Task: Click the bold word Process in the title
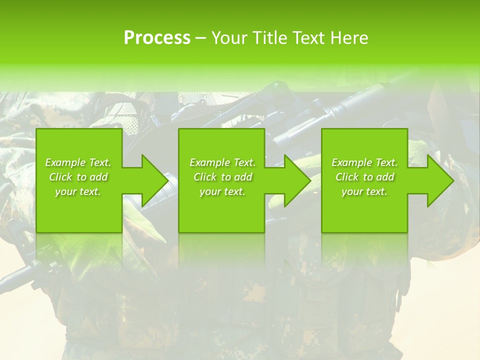pos(157,38)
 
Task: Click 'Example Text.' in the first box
pos(78,162)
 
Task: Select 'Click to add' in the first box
pos(78,177)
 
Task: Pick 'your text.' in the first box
pos(78,191)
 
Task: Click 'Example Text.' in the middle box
pos(222,162)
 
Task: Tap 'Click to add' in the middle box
pos(222,177)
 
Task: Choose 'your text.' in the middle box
pos(222,191)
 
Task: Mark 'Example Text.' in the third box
pos(364,162)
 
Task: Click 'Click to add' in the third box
pos(364,177)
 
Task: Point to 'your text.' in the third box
pos(364,191)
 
